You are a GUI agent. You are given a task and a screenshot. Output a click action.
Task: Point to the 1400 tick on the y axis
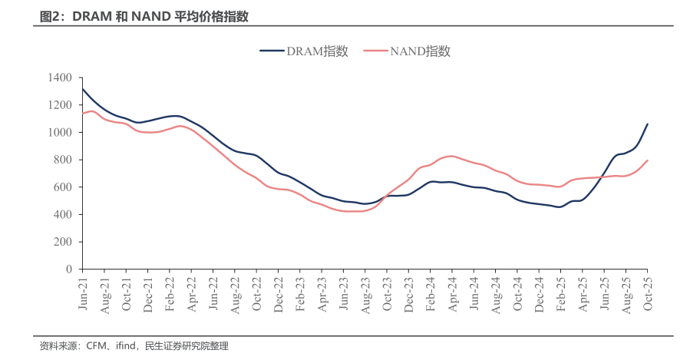59,78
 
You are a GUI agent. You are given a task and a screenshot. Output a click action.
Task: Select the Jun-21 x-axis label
83,293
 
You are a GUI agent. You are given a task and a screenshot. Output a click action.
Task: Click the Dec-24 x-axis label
539,293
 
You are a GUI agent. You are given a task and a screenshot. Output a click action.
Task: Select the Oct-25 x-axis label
647,293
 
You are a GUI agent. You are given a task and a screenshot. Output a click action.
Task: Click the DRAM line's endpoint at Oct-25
647,124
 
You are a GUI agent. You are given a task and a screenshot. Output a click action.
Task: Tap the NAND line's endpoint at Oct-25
647,160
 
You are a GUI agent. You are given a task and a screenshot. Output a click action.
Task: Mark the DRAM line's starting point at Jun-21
83,89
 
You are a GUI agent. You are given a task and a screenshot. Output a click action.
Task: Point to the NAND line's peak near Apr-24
451,156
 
